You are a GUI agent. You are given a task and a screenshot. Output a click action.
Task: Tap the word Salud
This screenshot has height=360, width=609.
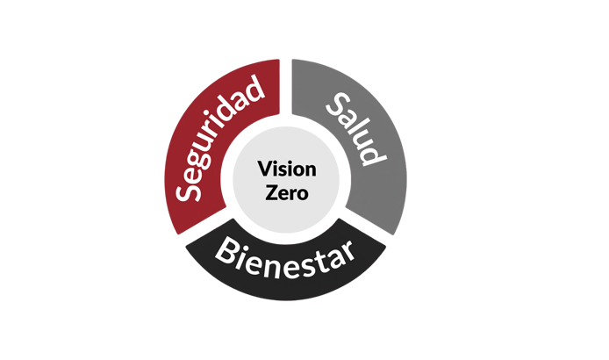tap(355, 132)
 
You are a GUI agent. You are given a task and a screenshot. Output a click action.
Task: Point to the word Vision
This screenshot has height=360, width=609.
tap(285, 168)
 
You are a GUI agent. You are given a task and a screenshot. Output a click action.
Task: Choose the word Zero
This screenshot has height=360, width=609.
tap(285, 192)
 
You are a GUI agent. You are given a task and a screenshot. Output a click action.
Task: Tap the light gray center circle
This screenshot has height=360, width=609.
tap(285, 215)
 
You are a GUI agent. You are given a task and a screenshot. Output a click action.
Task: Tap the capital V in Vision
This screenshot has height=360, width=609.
tap(264, 168)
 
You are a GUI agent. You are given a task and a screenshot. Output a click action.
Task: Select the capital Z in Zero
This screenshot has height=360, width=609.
tap(269, 192)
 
